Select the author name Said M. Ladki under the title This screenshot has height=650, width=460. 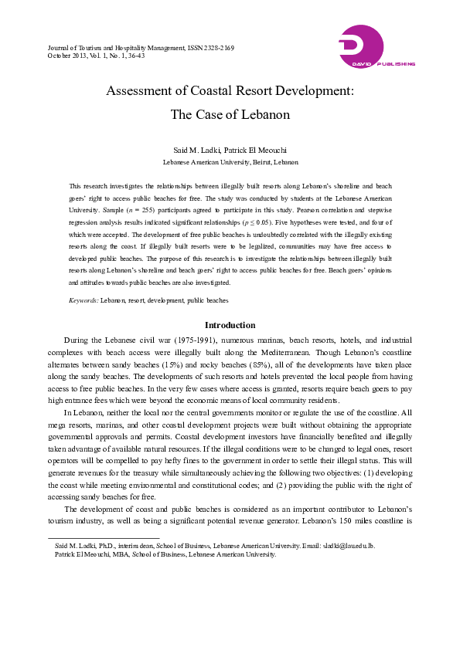pyautogui.click(x=199, y=149)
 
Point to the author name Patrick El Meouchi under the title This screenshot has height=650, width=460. pyautogui.click(x=255, y=149)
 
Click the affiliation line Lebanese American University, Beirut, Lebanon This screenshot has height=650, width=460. pyautogui.click(x=230, y=163)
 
